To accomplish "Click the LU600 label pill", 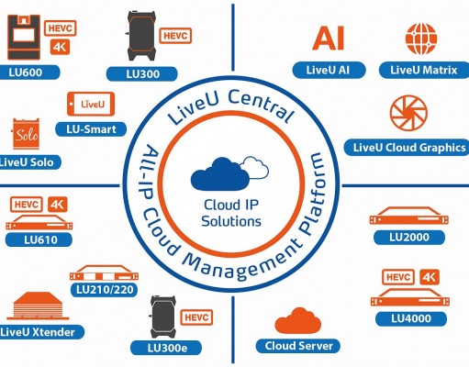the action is (x=29, y=72).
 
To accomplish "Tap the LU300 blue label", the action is (x=142, y=74).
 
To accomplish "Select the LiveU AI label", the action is (x=329, y=70).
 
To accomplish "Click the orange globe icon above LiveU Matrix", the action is (x=421, y=39).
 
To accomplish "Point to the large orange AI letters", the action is (x=329, y=39).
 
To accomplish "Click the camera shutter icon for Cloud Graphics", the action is (x=408, y=113).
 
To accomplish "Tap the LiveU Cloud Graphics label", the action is (x=407, y=148).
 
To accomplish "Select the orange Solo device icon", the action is (x=26, y=134).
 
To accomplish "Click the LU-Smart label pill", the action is (x=91, y=129).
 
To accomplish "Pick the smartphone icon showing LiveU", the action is (x=91, y=104).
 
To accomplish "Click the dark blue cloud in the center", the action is (x=220, y=173).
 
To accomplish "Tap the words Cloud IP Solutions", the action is (x=231, y=213).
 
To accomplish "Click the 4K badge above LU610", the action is (x=58, y=205).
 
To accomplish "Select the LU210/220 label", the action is (x=104, y=290).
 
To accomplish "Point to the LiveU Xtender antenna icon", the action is (x=38, y=306).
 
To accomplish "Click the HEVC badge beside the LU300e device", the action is (x=196, y=317).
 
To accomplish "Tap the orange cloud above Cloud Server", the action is (x=298, y=321).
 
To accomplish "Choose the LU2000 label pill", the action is (x=409, y=238).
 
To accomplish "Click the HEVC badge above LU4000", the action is (x=398, y=277).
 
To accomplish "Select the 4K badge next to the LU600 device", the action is (x=60, y=47).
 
